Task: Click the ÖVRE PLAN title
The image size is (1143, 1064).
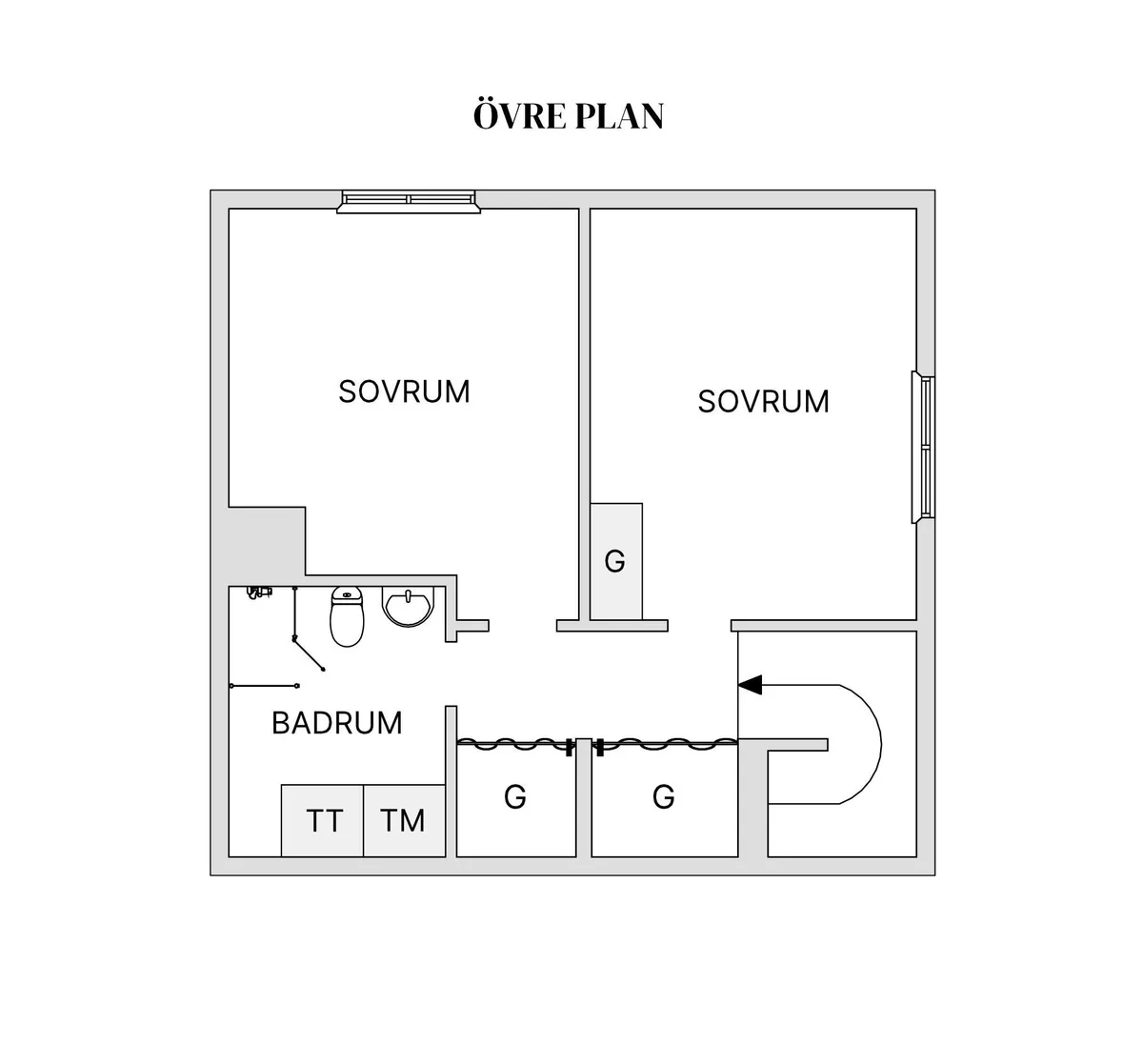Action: coord(569,116)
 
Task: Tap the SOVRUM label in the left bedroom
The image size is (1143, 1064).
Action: coord(404,391)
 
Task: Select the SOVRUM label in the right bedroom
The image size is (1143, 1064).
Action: coord(763,401)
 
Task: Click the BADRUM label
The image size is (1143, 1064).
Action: coord(337,723)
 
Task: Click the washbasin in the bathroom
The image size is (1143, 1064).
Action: coord(410,606)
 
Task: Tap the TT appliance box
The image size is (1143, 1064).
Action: coord(323,820)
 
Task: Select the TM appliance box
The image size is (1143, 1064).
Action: coord(404,820)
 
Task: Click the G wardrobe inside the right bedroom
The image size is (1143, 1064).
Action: coord(615,561)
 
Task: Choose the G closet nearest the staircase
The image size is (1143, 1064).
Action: coord(664,796)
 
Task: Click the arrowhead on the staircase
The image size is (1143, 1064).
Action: coord(751,684)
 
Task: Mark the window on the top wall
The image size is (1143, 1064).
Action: coord(409,199)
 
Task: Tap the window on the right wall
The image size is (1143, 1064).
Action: coord(924,447)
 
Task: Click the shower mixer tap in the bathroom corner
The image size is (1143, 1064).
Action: coord(255,592)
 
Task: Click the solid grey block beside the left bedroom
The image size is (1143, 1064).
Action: coord(267,540)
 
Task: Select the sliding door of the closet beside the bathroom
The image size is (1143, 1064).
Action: coord(514,745)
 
